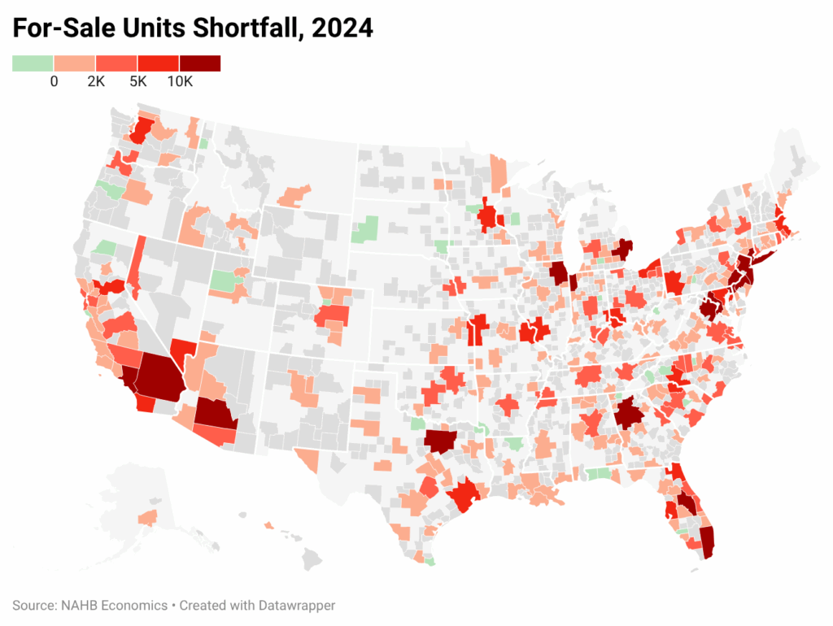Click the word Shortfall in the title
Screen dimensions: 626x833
click(235, 29)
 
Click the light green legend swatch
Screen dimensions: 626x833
click(33, 63)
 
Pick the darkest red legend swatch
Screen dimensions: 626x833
click(200, 63)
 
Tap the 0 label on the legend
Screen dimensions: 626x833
click(54, 82)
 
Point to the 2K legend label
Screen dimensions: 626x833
click(96, 82)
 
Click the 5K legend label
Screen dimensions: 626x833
click(137, 82)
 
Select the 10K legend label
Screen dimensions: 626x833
click(180, 82)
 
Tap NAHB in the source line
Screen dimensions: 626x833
click(76, 606)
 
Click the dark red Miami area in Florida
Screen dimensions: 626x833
click(707, 542)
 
